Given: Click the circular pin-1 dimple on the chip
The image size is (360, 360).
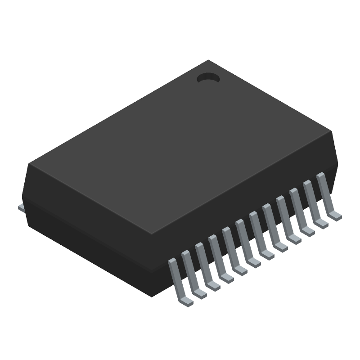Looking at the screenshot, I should point(208,78).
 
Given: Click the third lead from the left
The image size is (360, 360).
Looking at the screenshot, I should point(206,267).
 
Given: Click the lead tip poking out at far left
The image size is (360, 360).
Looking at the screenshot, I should point(21,207).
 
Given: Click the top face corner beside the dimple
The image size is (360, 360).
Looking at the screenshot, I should point(208,61).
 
